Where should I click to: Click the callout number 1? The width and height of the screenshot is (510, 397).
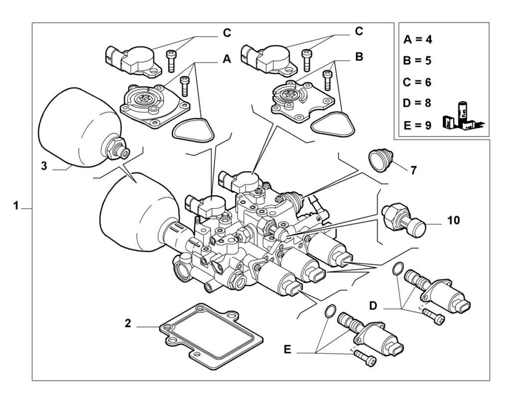[15, 206]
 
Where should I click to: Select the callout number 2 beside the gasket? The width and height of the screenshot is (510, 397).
[128, 323]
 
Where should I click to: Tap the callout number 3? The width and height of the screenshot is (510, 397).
[44, 166]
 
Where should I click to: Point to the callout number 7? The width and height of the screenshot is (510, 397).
[413, 170]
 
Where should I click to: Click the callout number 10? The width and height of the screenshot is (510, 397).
[454, 220]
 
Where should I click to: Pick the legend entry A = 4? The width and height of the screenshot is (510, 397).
[418, 39]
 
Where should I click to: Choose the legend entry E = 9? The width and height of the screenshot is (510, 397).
[418, 125]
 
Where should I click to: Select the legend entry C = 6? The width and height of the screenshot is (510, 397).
[417, 82]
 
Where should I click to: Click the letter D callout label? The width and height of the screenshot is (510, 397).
[373, 305]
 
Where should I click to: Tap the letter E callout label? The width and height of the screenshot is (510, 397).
[287, 350]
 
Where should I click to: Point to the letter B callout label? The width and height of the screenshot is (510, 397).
[359, 57]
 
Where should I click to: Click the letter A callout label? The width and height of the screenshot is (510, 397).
[227, 59]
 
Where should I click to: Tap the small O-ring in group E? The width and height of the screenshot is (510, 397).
[330, 310]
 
